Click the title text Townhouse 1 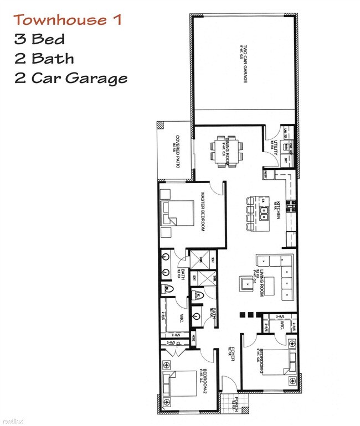click(x=67, y=20)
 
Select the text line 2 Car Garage click(x=71, y=77)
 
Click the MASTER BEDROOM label click(x=203, y=212)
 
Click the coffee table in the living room click(x=268, y=285)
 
